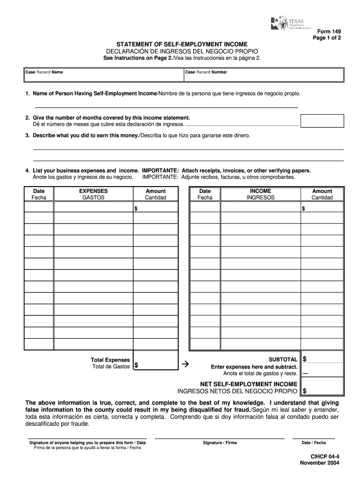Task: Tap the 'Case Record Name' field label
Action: (x=44, y=73)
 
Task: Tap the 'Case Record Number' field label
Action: (x=206, y=73)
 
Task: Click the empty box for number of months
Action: (x=322, y=121)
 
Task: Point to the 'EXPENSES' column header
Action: (x=93, y=191)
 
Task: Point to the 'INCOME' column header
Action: (x=260, y=191)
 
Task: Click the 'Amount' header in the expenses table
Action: (x=155, y=191)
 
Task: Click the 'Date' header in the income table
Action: (x=205, y=191)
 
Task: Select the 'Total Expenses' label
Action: (x=110, y=360)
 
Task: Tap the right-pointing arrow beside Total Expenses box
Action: (x=184, y=363)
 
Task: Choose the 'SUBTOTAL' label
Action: (x=283, y=359)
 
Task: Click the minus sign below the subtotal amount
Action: (x=305, y=374)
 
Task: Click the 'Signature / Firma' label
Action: (x=220, y=443)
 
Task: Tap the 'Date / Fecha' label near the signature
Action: (x=314, y=443)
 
